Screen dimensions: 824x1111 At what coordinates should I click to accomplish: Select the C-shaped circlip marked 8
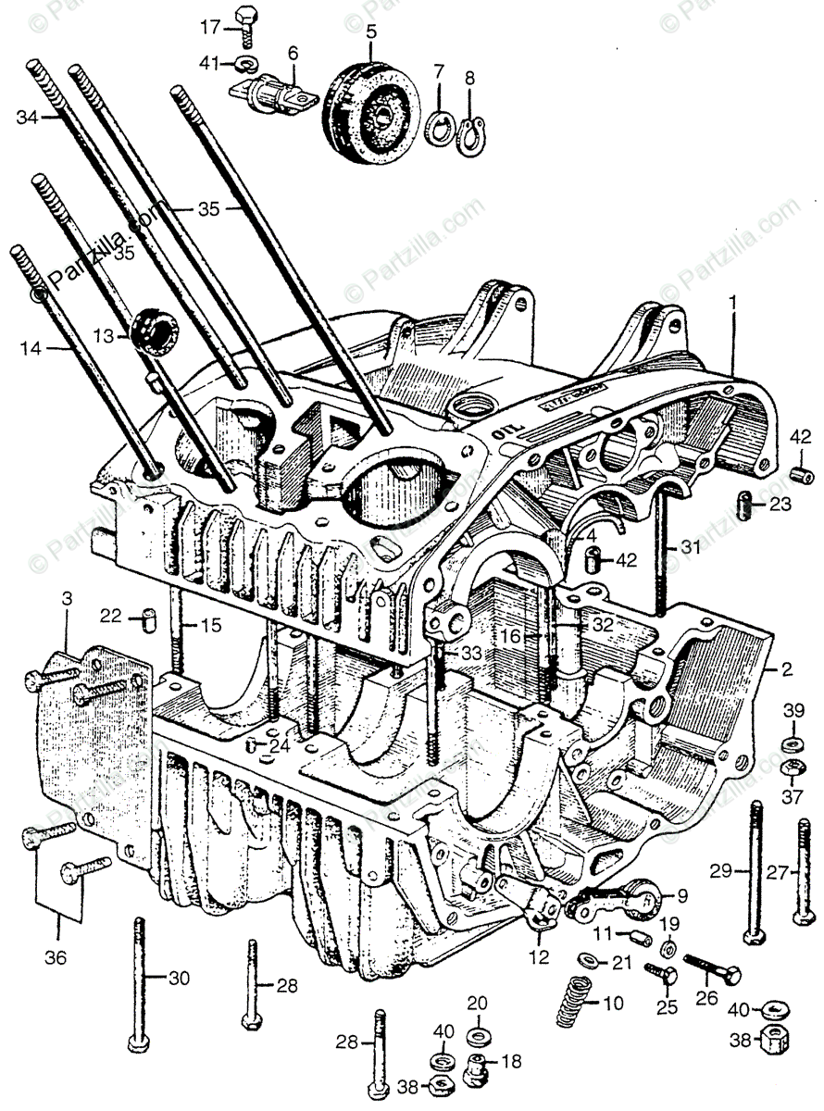tap(474, 132)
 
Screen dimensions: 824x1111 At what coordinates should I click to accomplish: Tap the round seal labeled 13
tap(155, 331)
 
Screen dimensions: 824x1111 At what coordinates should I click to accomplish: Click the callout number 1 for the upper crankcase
tap(732, 302)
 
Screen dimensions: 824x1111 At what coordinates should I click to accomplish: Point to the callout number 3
tap(66, 599)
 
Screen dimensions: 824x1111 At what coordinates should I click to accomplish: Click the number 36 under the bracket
tap(56, 958)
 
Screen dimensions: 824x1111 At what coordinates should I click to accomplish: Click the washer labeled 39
tap(792, 743)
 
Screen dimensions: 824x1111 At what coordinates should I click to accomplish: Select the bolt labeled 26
tap(714, 970)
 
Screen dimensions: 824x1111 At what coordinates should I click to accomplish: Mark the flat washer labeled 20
tap(478, 1032)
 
